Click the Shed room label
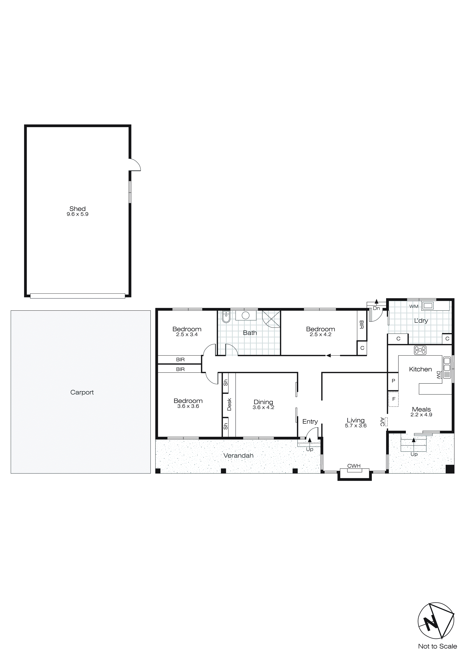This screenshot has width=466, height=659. point(77,209)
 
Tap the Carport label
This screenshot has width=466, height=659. point(82,392)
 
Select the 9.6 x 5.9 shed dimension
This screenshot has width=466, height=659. point(77,214)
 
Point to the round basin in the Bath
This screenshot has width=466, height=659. point(246,315)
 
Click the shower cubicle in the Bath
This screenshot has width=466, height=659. point(271,319)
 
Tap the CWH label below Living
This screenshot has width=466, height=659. point(354,466)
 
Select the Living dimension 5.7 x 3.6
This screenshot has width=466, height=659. point(356,426)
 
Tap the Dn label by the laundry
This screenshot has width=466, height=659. point(376,309)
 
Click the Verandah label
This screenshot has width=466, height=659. point(239,456)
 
